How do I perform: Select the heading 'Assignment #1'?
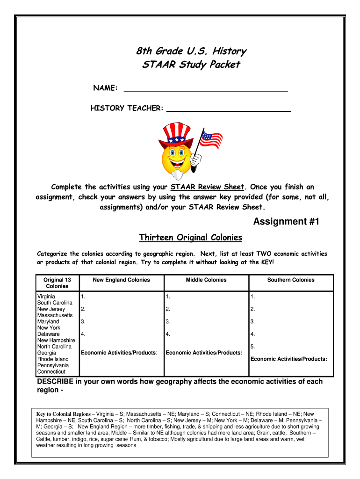tap(286, 222)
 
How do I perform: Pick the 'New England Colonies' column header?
tap(121, 280)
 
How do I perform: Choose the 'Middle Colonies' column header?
tap(206, 280)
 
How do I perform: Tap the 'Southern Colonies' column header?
tap(291, 280)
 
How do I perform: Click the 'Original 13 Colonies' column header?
tap(57, 283)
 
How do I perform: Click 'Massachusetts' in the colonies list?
tap(55, 315)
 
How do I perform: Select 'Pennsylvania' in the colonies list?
tap(53, 365)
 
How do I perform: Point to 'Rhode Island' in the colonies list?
tap(52, 359)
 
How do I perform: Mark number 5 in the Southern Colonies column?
tap(252, 347)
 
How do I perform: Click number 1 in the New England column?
tap(83, 297)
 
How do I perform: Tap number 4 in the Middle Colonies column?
tap(167, 334)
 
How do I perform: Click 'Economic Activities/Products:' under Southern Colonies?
tap(288, 359)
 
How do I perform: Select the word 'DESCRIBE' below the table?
tap(56, 382)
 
